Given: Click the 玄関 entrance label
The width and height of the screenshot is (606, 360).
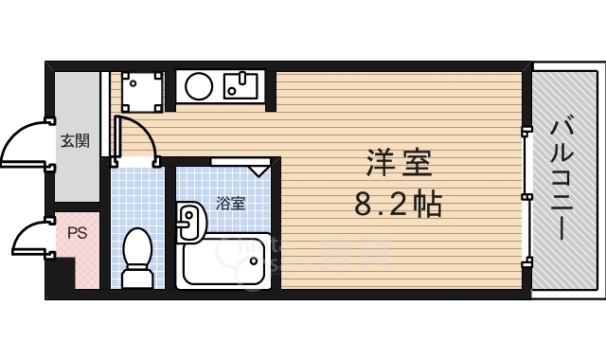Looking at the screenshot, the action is [75, 141].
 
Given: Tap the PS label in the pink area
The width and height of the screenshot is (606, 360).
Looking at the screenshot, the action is [78, 233].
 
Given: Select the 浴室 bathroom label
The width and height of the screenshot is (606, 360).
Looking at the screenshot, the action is [230, 204].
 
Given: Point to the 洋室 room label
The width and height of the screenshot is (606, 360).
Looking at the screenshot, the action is [399, 162].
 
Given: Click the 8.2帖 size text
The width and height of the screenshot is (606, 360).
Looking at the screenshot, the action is [398, 204].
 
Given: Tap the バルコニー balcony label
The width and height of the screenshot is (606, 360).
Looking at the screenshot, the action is [561, 179].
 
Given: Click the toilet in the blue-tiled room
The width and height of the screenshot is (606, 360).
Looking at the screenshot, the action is [137, 258].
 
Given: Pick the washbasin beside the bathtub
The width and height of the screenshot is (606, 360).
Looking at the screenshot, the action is [191, 223].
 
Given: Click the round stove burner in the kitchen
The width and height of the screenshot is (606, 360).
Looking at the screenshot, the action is [199, 86].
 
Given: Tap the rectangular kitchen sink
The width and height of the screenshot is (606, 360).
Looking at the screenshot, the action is [241, 86].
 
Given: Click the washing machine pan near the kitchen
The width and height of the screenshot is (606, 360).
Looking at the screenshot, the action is [141, 92].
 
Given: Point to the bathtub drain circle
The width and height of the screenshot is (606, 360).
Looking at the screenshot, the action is [254, 261].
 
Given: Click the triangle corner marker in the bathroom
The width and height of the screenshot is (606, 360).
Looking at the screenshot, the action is [258, 171].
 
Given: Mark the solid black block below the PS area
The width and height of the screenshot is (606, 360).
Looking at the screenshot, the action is [61, 275].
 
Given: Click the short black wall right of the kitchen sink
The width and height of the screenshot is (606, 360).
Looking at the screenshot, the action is [271, 91].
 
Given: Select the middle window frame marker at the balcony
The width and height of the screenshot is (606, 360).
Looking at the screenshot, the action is [526, 197].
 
